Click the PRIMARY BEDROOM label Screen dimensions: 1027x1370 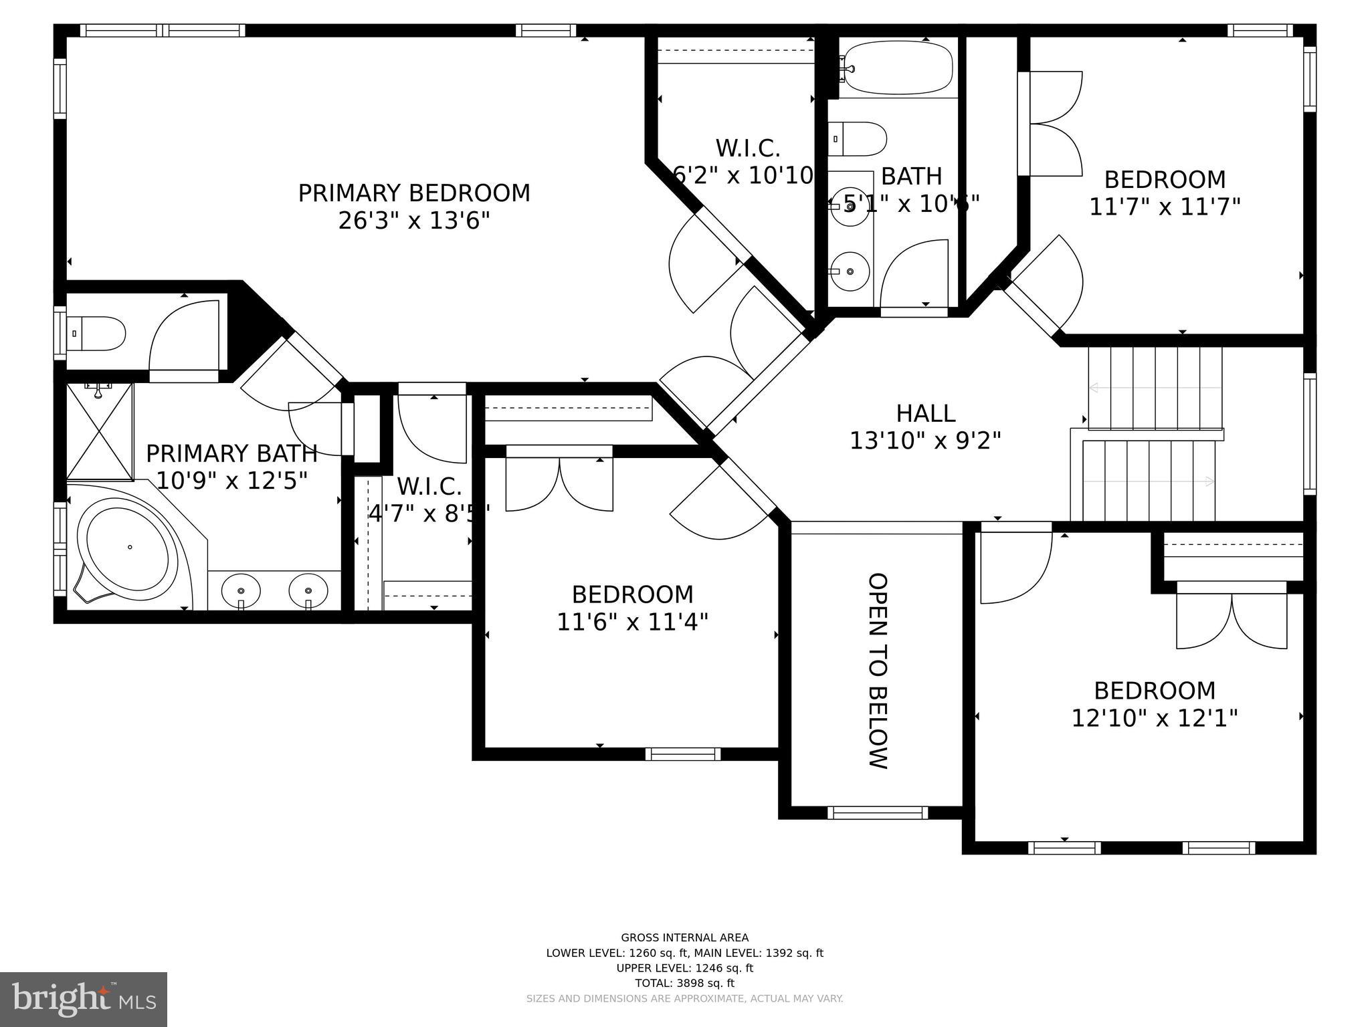(x=413, y=193)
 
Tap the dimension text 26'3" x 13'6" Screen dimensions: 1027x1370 (x=413, y=221)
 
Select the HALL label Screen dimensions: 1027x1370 (x=925, y=413)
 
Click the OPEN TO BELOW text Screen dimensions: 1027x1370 (x=878, y=671)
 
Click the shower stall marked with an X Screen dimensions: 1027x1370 (x=100, y=431)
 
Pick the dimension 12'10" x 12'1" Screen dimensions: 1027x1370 (x=1155, y=718)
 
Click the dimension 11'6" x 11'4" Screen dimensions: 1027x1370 (x=632, y=622)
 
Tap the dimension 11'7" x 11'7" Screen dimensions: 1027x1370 (x=1165, y=207)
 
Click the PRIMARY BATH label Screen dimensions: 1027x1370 (x=231, y=453)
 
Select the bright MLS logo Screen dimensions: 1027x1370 (x=84, y=999)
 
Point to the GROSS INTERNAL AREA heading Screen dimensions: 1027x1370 (x=684, y=937)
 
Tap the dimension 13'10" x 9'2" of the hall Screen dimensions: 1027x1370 (x=925, y=441)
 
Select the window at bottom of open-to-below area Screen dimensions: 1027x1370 (x=877, y=812)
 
